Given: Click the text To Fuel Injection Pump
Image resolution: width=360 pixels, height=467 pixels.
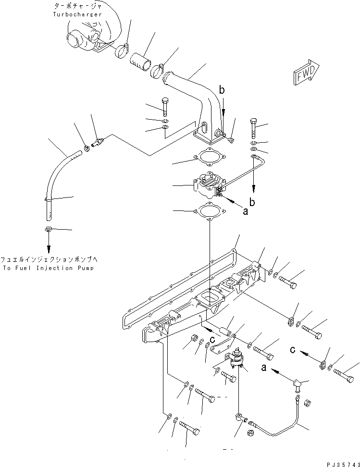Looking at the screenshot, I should pyautogui.click(x=48, y=268).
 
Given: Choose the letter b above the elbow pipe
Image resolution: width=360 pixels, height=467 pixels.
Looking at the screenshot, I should pyautogui.click(x=222, y=89).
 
